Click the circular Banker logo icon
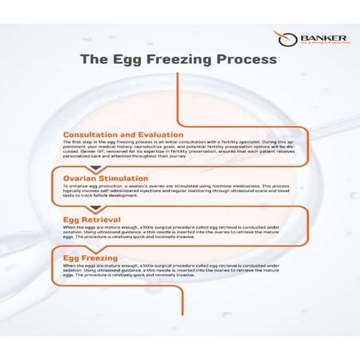(x=280, y=37)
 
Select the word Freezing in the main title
(x=194, y=60)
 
